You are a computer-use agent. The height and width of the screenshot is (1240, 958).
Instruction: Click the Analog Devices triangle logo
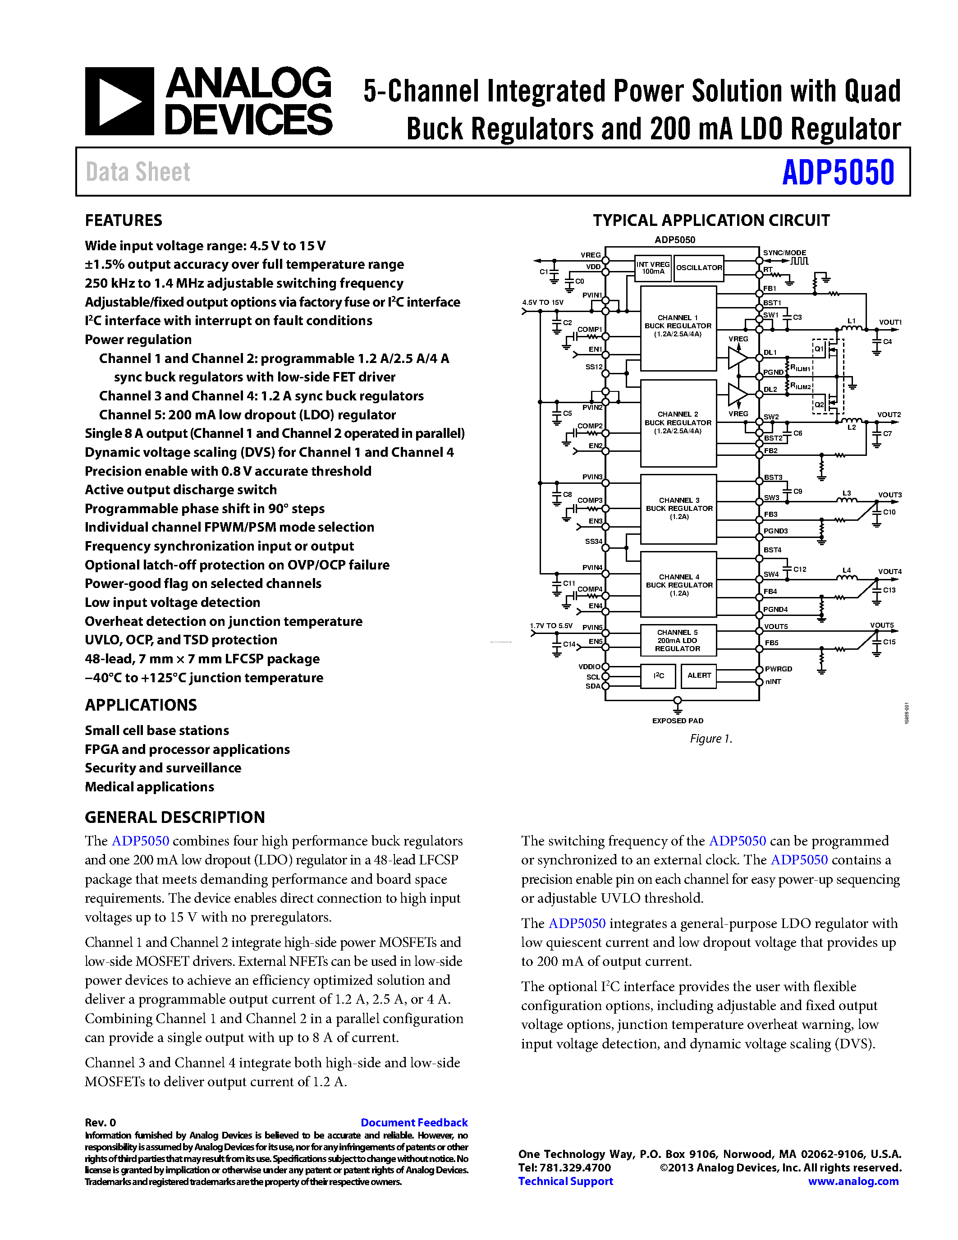[119, 101]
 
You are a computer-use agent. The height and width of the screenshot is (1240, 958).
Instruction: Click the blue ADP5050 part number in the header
[838, 172]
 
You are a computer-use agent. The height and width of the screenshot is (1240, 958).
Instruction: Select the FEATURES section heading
[123, 220]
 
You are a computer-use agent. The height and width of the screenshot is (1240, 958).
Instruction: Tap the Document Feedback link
[414, 1122]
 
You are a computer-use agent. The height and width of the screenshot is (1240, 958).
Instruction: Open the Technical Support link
[565, 1181]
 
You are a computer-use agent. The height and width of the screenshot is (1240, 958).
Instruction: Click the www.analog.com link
[853, 1181]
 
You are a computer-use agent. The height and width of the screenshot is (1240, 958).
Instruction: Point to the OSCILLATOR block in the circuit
[699, 268]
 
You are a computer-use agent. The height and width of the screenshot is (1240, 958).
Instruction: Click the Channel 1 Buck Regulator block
[678, 326]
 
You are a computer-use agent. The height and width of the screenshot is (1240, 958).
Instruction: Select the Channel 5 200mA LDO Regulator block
[678, 640]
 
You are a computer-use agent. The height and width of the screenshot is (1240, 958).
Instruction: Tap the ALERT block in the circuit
[699, 675]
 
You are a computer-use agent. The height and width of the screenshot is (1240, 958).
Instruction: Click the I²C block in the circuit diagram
[658, 675]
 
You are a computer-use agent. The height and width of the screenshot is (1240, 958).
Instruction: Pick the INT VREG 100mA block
[653, 268]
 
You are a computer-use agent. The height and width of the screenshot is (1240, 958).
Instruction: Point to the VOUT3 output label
[889, 495]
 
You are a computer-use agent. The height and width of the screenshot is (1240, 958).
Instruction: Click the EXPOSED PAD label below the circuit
[678, 721]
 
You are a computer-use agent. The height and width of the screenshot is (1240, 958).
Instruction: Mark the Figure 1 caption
[711, 739]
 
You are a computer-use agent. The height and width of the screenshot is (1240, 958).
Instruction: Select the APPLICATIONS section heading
[141, 705]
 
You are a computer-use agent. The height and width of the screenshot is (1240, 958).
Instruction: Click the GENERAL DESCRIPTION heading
[175, 817]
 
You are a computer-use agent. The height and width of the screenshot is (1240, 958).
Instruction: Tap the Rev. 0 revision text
[101, 1122]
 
